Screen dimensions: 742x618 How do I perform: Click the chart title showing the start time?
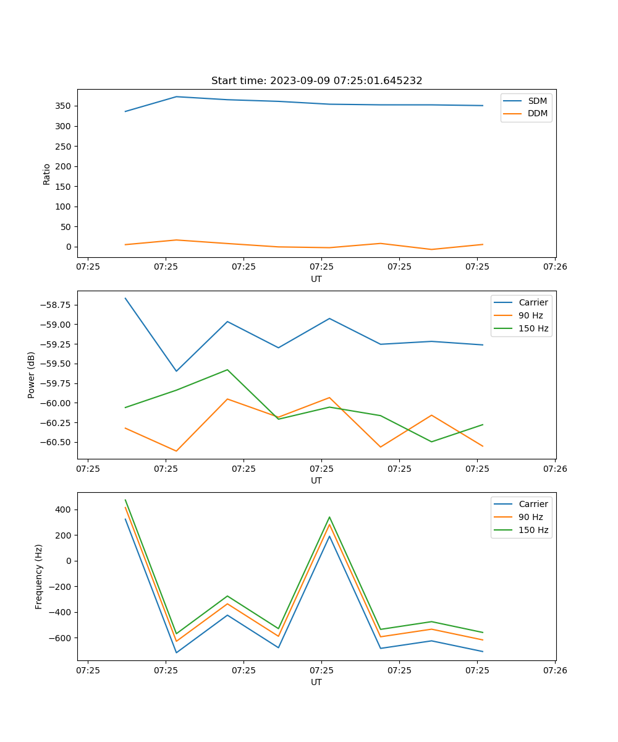click(316, 81)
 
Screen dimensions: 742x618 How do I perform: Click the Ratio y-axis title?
click(46, 174)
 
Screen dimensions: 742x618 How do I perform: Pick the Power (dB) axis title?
click(32, 375)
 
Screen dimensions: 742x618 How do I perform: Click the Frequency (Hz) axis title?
click(39, 576)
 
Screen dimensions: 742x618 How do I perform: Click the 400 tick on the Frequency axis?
click(65, 510)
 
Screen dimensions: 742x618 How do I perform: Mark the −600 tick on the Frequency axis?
click(62, 638)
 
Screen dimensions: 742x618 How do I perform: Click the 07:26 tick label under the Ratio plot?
click(554, 267)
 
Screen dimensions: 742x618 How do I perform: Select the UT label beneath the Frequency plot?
click(316, 682)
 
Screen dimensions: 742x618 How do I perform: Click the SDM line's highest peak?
click(176, 96)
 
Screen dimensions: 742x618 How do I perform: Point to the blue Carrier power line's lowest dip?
click(176, 371)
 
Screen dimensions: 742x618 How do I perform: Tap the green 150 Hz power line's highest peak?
click(227, 370)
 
